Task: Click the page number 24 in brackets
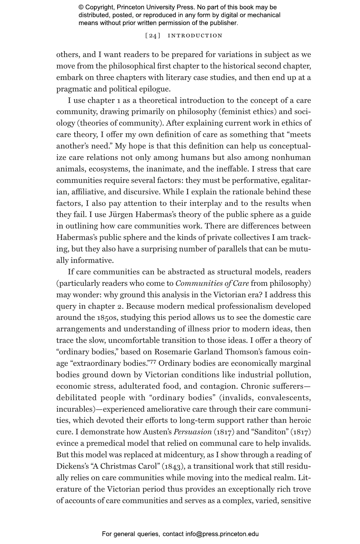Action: pyautogui.click(x=153, y=36)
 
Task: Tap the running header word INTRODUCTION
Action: pyautogui.click(x=195, y=36)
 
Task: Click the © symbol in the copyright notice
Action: pyautogui.click(x=81, y=7)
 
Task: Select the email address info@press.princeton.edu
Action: pyautogui.click(x=222, y=534)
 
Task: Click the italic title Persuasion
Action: pyautogui.click(x=192, y=432)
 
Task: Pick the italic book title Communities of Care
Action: pyautogui.click(x=212, y=283)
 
